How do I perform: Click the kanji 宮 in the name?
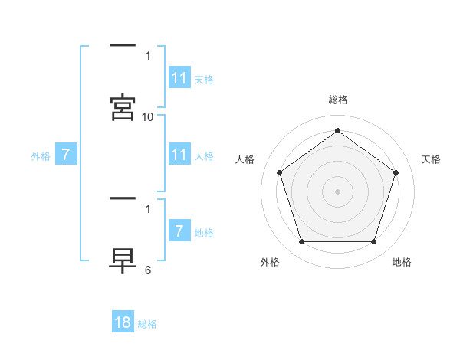pyautogui.click(x=123, y=108)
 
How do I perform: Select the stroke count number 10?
pyautogui.click(x=148, y=117)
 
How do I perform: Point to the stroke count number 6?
pyautogui.click(x=148, y=270)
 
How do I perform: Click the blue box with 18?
pyautogui.click(x=123, y=322)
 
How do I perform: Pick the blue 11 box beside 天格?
pyautogui.click(x=179, y=78)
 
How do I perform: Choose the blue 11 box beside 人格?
pyautogui.click(x=179, y=155)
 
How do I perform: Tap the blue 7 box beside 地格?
pyautogui.click(x=179, y=231)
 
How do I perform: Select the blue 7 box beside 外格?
pyautogui.click(x=66, y=155)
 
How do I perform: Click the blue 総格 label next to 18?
pyautogui.click(x=147, y=324)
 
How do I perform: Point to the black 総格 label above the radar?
pyautogui.click(x=338, y=100)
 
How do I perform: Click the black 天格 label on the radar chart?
pyautogui.click(x=432, y=159)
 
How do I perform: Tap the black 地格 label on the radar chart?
pyautogui.click(x=402, y=262)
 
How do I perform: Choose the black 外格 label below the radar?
pyautogui.click(x=270, y=262)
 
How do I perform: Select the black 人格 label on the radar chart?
pyautogui.click(x=245, y=159)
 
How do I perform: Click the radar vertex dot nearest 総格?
pyautogui.click(x=338, y=130)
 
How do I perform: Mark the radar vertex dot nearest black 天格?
pyautogui.click(x=396, y=172)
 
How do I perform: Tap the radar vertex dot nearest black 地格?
pyautogui.click(x=374, y=241)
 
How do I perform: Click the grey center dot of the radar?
pyautogui.click(x=338, y=191)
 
